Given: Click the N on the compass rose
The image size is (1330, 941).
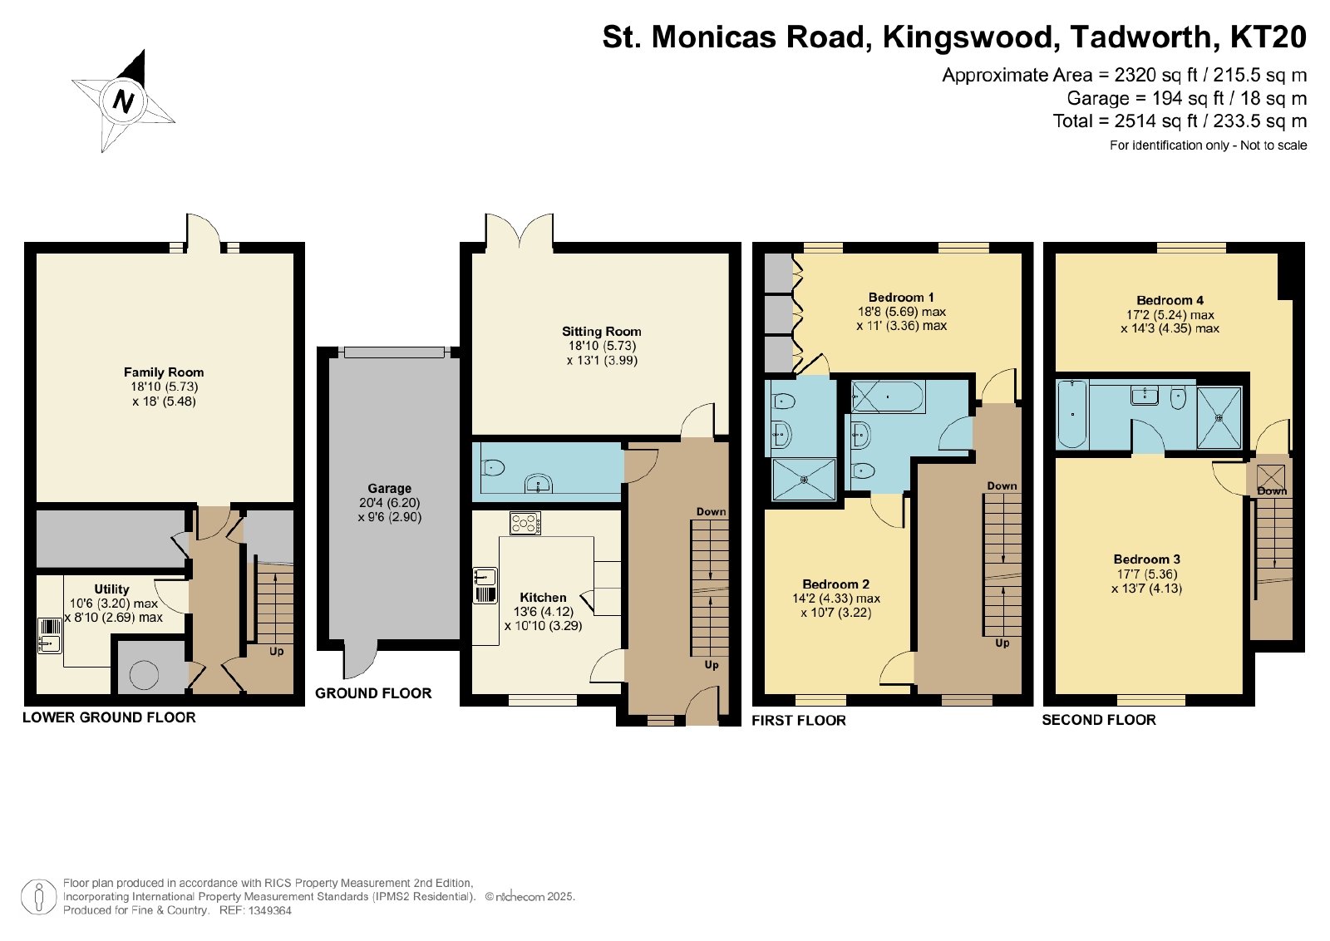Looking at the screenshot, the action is (123, 101).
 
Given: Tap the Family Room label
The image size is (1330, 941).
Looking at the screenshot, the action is (164, 372).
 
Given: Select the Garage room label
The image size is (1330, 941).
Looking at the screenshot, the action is (390, 488).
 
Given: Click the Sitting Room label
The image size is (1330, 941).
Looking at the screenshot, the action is (602, 332).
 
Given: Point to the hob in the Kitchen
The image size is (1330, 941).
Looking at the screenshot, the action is (525, 524).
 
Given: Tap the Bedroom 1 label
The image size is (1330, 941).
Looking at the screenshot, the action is (901, 297).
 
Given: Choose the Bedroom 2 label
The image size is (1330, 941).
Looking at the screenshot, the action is (835, 584).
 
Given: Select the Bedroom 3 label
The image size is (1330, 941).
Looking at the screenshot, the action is (1146, 559).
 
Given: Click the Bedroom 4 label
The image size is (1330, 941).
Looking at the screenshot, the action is (1170, 300).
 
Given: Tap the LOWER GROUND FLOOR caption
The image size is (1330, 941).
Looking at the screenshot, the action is (109, 717).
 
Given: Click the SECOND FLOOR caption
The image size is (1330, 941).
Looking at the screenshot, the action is (1099, 720).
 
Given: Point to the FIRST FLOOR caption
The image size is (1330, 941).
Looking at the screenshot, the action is (799, 720).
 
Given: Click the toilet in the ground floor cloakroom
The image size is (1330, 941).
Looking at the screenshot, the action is (492, 469).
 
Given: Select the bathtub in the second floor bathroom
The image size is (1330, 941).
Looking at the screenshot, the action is (1072, 414).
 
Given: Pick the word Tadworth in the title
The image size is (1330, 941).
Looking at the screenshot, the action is (1140, 37).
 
